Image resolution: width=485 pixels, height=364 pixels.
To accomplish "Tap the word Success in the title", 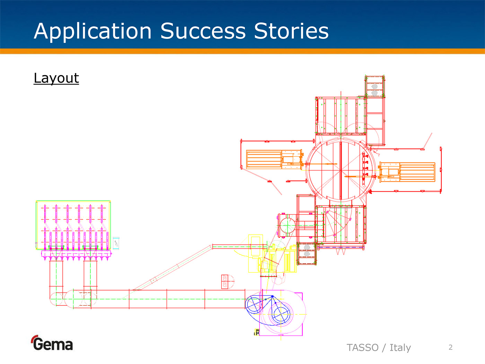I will point(203,31).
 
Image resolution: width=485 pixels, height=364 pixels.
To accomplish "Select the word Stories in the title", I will point(291,31).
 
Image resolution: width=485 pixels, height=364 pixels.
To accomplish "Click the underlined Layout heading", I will point(56,78).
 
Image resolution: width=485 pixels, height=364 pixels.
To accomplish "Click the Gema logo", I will point(52,344).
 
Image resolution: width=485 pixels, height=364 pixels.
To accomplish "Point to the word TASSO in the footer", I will point(362,347).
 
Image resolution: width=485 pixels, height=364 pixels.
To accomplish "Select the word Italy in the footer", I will point(400,347).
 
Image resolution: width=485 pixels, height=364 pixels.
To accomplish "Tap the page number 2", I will point(450,347).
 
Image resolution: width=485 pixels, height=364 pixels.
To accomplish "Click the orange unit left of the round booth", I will point(274,159).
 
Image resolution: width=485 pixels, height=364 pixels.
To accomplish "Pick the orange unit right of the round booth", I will point(407,172).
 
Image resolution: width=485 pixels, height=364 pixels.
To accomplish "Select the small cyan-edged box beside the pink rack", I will point(116,243).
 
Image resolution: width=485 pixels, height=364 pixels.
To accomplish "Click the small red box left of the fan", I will point(224,281).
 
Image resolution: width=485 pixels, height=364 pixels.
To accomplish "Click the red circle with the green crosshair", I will point(287,226).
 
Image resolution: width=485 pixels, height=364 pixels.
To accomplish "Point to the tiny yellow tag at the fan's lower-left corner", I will point(257,332).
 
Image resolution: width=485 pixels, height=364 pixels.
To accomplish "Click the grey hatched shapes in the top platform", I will point(374,89).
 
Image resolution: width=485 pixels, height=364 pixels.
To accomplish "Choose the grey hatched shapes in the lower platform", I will point(307,251).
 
